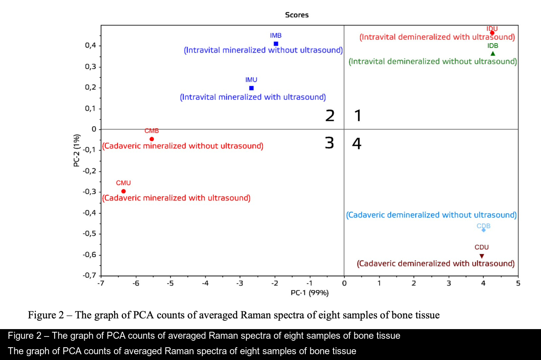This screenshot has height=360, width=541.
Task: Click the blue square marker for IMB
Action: pyautogui.click(x=276, y=44)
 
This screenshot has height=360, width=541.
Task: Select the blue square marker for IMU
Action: pyautogui.click(x=251, y=88)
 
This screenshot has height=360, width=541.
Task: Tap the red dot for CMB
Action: pyautogui.click(x=152, y=139)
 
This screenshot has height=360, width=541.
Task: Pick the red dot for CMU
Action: pyautogui.click(x=124, y=191)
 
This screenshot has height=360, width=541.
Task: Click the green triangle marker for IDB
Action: pyautogui.click(x=493, y=54)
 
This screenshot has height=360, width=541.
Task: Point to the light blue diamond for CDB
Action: pyautogui.click(x=483, y=230)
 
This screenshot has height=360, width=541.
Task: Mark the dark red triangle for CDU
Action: pyautogui.click(x=481, y=256)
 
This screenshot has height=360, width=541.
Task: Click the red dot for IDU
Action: pyautogui.click(x=492, y=33)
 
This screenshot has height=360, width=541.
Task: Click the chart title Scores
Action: pyautogui.click(x=297, y=15)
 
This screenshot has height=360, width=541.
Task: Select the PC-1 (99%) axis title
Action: pyautogui.click(x=310, y=293)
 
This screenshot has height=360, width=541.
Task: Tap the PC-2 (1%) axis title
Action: pyautogui.click(x=77, y=150)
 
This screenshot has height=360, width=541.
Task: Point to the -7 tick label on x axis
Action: pyautogui.click(x=101, y=283)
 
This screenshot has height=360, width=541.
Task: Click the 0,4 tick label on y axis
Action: pyautogui.click(x=90, y=46)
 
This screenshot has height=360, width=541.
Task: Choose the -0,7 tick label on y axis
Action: pyautogui.click(x=89, y=275)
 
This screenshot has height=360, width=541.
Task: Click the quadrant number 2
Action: pyautogui.click(x=330, y=115)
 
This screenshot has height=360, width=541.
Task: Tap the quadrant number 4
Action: pyautogui.click(x=357, y=143)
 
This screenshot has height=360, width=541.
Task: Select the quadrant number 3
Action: pyautogui.click(x=329, y=143)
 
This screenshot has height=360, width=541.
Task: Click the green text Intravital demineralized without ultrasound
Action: pyautogui.click(x=432, y=61)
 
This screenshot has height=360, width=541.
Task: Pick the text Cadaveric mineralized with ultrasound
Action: pyautogui.click(x=176, y=198)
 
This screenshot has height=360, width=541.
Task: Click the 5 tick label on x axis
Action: pyautogui.click(x=518, y=283)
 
